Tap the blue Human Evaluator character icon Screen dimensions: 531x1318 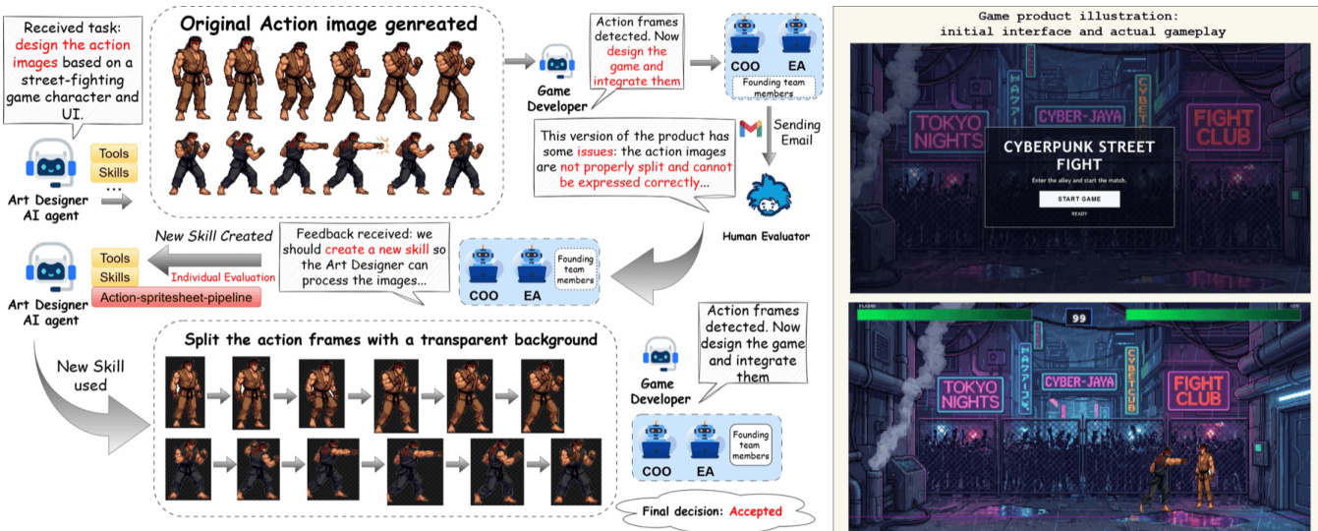point(765,196)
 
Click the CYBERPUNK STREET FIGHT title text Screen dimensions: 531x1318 point(1078,155)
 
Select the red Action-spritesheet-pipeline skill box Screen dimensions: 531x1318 point(170,298)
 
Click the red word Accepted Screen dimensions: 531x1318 point(756,511)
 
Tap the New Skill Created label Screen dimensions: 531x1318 point(213,236)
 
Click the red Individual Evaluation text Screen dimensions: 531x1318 point(222,278)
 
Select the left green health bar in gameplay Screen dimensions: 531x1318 point(944,315)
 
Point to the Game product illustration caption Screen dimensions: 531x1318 point(1077,24)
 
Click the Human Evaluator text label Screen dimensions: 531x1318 point(764,237)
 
